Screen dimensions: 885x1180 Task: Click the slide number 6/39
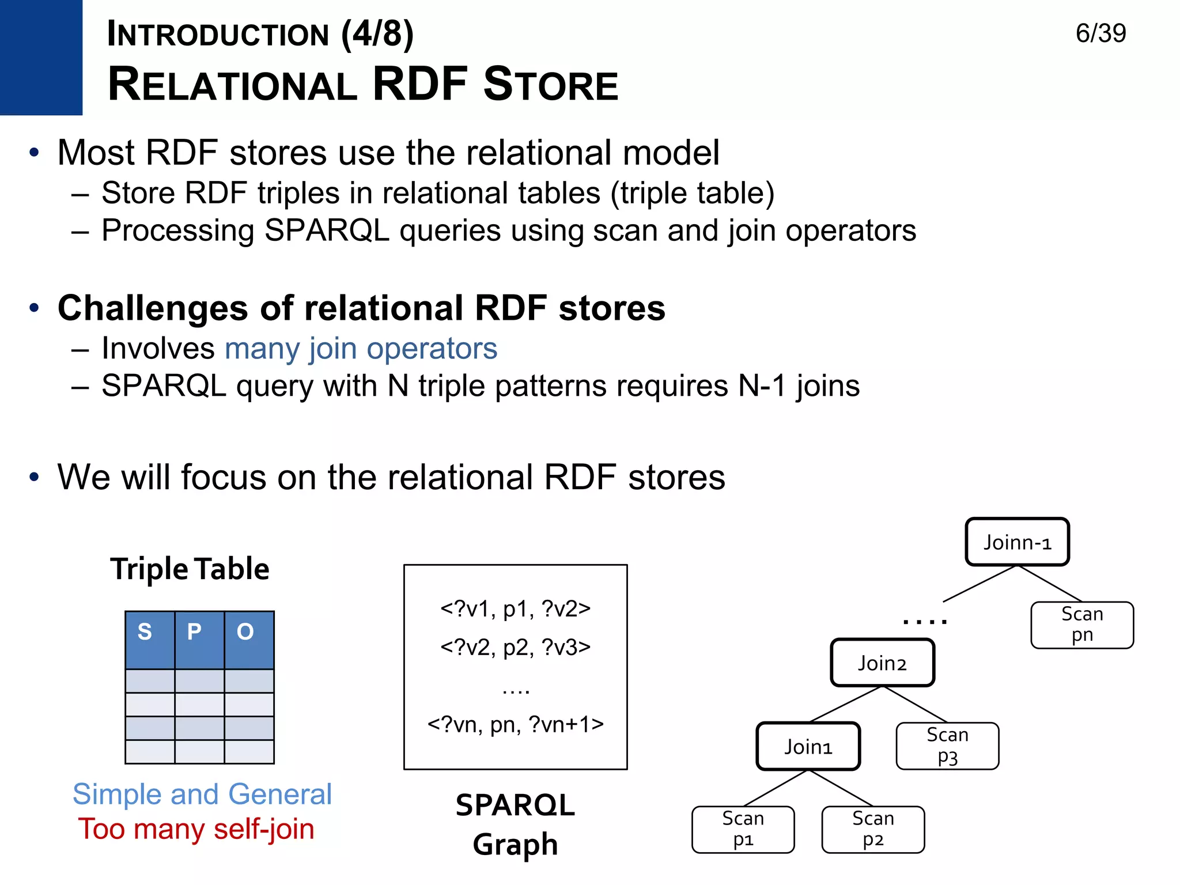pos(1100,33)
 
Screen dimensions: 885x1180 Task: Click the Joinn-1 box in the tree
pos(1017,542)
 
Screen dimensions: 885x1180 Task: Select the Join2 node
pos(882,663)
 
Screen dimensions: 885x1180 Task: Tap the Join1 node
pos(808,747)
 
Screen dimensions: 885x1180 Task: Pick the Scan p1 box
pos(743,829)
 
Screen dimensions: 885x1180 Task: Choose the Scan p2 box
pos(873,829)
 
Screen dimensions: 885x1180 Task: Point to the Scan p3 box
pos(947,746)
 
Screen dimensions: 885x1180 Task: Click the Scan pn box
pos(1082,625)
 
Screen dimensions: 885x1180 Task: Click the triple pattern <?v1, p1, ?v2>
pos(515,609)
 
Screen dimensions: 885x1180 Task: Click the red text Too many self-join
pos(196,829)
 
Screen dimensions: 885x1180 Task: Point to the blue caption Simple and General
pos(202,794)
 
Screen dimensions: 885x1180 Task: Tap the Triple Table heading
pos(190,569)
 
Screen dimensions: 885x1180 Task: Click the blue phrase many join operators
pos(361,349)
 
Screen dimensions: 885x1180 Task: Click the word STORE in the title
pos(550,85)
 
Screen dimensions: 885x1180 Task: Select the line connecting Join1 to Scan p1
pos(776,788)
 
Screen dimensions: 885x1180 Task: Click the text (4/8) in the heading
pos(377,34)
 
